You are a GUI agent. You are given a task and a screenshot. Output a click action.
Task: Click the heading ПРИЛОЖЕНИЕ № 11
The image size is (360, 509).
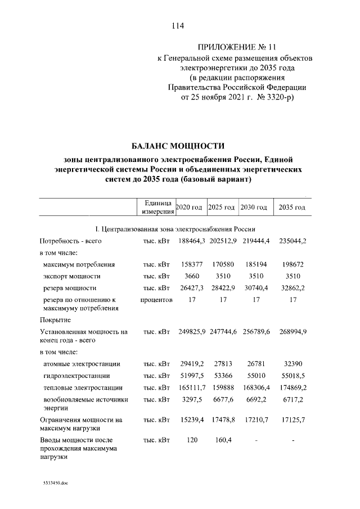tap(237, 46)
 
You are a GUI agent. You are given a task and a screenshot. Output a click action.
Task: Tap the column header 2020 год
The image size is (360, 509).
tap(189, 208)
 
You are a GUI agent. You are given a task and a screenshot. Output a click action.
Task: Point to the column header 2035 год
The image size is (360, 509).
tap(292, 208)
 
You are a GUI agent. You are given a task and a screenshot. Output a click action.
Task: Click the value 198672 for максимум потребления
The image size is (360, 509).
tap(292, 264)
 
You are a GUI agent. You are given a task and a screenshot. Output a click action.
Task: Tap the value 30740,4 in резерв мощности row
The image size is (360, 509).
tap(256, 289)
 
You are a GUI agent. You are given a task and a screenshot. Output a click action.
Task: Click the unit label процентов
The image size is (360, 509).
tap(156, 300)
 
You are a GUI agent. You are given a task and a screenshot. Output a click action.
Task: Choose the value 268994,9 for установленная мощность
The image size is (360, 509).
tap(292, 332)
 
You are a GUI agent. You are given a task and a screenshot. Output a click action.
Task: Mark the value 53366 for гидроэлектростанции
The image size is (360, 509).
tap(223, 376)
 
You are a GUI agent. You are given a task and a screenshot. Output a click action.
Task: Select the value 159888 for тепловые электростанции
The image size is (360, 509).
tap(223, 388)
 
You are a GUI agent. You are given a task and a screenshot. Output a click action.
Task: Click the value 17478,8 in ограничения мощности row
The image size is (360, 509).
tap(223, 420)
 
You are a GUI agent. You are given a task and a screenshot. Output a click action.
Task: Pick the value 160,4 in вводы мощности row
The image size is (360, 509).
tap(223, 440)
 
